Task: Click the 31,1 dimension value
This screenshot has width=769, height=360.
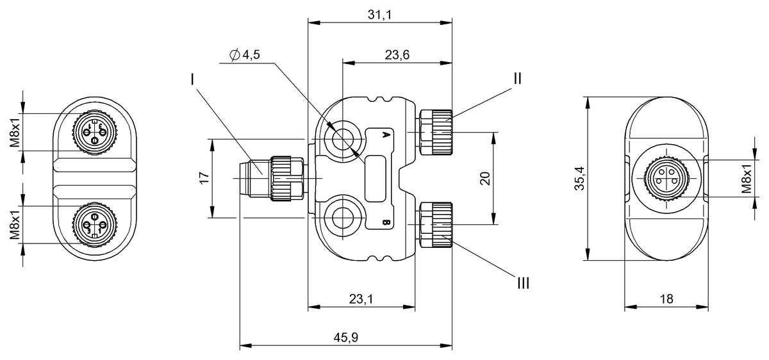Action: [381, 15]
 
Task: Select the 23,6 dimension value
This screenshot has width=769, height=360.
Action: [397, 55]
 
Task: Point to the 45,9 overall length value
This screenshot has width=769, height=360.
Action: [345, 338]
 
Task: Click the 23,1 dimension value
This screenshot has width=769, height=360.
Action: [361, 299]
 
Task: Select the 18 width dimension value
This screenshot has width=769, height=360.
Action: [666, 299]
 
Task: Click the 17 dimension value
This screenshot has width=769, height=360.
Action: [204, 179]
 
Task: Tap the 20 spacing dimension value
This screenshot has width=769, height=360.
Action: [485, 179]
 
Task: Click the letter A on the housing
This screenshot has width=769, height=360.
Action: [386, 135]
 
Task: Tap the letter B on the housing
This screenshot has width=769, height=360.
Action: [386, 222]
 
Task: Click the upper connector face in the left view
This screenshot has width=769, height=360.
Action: [94, 132]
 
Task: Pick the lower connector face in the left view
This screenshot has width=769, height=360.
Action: [94, 224]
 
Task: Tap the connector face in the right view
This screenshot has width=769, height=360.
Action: [666, 179]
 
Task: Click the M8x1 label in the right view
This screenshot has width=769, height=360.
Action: [747, 179]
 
